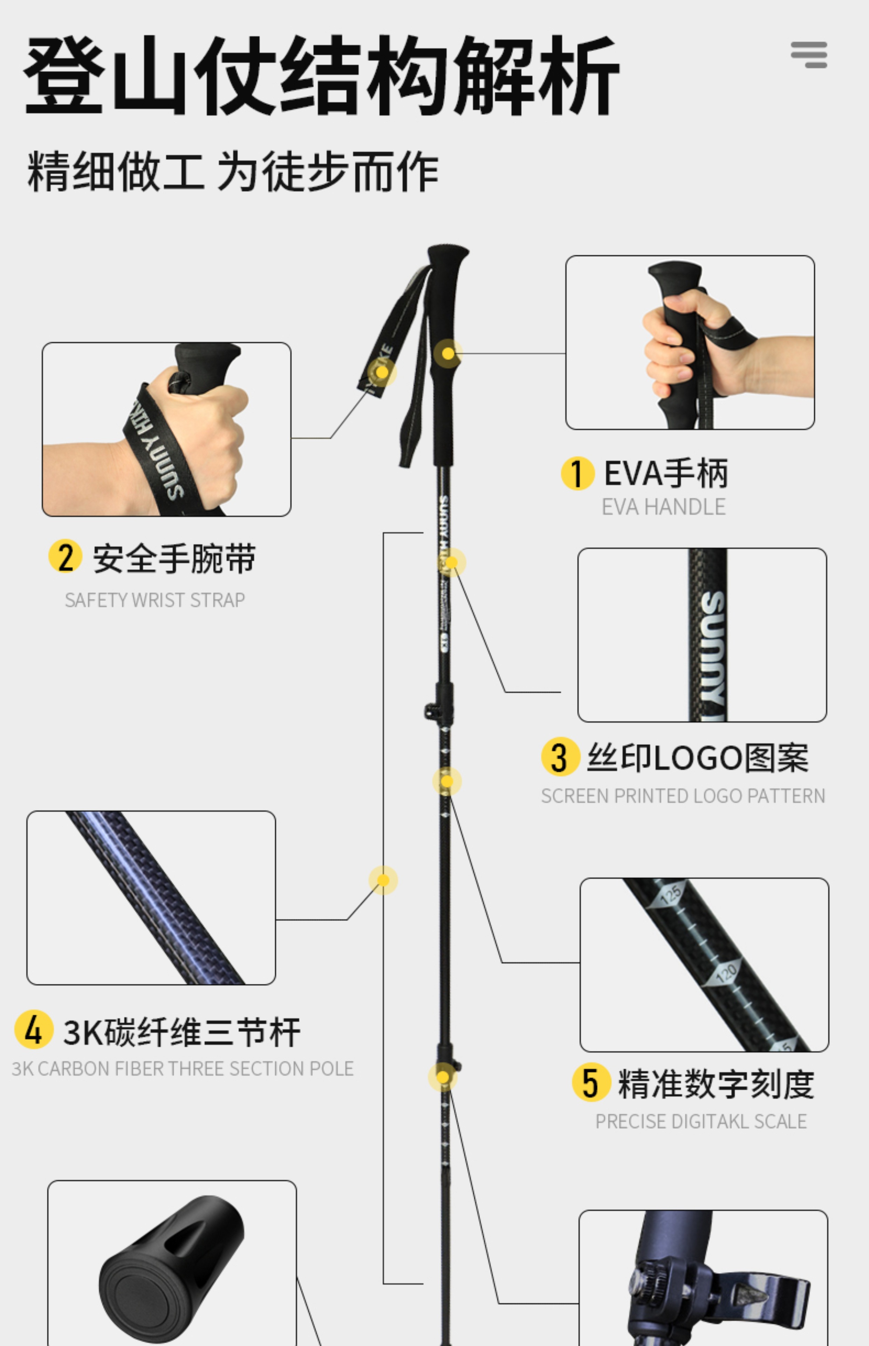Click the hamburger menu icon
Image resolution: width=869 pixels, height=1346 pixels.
(809, 55)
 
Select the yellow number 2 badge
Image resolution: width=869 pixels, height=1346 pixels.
(66, 557)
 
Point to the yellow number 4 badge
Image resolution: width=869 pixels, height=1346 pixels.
(34, 1029)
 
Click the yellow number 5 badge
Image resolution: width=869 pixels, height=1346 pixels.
(591, 1082)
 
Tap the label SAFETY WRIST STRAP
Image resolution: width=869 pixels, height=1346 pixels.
(155, 600)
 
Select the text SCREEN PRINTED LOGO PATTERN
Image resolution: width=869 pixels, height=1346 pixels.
(683, 796)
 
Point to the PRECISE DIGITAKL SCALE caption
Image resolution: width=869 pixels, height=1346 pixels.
(701, 1121)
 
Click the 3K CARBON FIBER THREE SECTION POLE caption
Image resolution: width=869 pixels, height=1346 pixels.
(182, 1068)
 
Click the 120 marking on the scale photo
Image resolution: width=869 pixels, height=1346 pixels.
(726, 972)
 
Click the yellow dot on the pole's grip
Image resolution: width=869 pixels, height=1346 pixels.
(448, 353)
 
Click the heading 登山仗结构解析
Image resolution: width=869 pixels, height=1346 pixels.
(322, 75)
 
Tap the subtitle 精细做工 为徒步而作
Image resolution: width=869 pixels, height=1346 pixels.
(232, 171)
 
